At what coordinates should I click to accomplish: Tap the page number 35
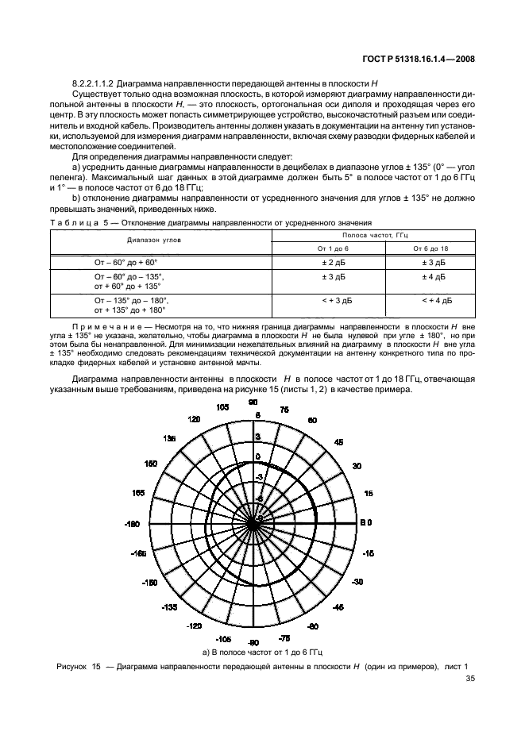(471, 679)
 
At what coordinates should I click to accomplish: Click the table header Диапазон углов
(155, 238)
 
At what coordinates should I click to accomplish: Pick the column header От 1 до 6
(328, 248)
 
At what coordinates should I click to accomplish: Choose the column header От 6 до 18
(430, 248)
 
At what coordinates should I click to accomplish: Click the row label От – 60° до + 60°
(125, 261)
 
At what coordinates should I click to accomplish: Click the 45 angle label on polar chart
(338, 441)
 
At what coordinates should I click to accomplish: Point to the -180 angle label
(132, 525)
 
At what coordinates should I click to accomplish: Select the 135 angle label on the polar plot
(168, 438)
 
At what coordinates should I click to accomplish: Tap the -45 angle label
(338, 607)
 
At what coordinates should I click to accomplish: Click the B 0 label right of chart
(366, 523)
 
